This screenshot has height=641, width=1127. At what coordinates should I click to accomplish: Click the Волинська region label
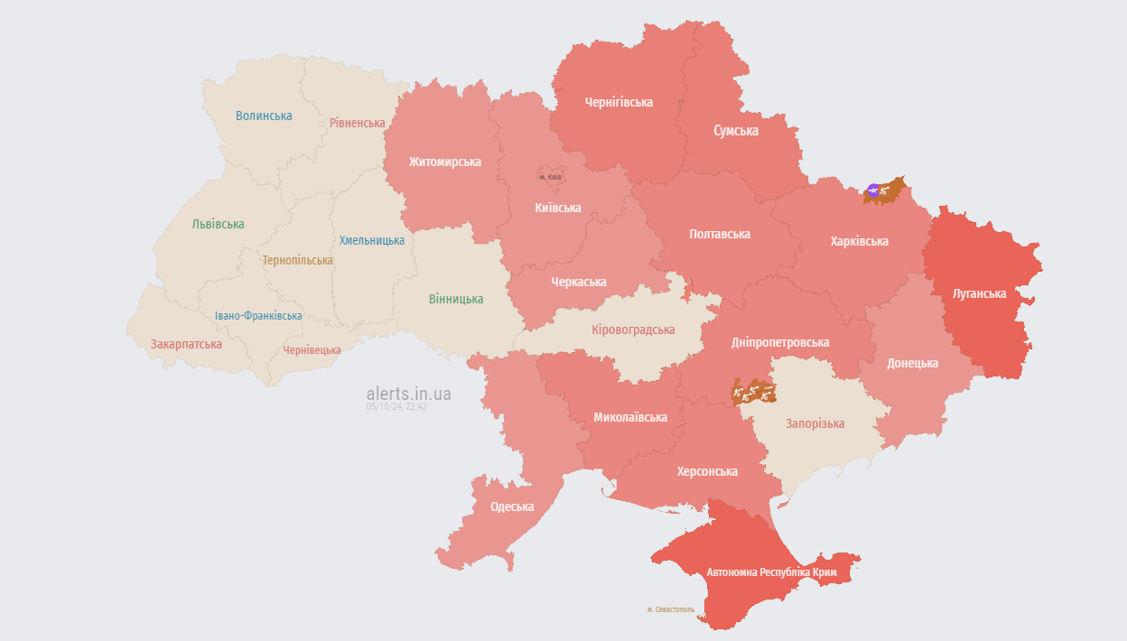tap(264, 116)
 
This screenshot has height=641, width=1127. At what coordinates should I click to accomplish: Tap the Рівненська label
tap(357, 123)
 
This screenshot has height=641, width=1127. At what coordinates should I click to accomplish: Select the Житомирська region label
tap(444, 162)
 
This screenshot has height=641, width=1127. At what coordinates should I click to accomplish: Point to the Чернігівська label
tap(619, 102)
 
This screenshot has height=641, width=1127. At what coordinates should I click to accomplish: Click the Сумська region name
tap(735, 131)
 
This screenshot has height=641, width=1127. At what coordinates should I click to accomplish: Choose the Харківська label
tap(859, 241)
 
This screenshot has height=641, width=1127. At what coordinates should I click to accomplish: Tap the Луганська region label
tap(979, 293)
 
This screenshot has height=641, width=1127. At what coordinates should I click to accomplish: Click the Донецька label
tap(912, 363)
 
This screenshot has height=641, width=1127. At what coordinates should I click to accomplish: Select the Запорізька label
tap(815, 423)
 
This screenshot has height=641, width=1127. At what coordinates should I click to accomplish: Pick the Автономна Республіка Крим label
tap(771, 572)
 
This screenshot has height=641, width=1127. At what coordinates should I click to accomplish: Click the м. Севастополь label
tap(671, 609)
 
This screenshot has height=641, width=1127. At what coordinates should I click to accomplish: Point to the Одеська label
tap(512, 506)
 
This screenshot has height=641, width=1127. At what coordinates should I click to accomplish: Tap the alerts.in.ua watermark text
tap(408, 394)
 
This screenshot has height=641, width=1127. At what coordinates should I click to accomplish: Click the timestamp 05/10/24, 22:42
tap(396, 407)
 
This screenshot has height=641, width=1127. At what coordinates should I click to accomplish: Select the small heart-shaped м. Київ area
tap(550, 174)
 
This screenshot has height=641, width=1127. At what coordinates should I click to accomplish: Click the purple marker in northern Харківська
tap(872, 190)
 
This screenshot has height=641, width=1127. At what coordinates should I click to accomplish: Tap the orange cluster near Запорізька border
tap(753, 391)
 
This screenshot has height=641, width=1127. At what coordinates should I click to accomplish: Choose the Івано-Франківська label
tap(258, 316)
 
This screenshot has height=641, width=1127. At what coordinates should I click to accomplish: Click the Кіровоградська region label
tap(633, 330)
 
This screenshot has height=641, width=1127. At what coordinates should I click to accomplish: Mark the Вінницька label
tap(456, 299)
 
